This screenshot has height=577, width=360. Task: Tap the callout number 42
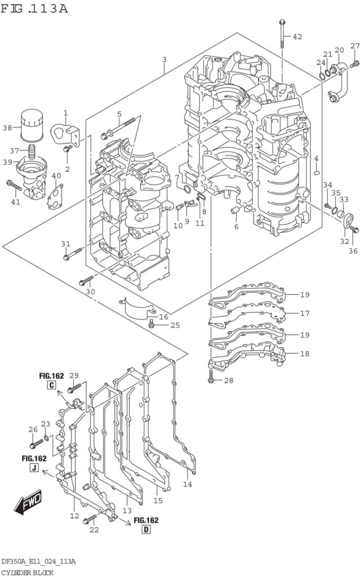pyautogui.click(x=297, y=37)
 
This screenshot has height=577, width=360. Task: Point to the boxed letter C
pyautogui.click(x=51, y=385)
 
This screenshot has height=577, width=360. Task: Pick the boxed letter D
pyautogui.click(x=146, y=530)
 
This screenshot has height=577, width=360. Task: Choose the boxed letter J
pyautogui.click(x=34, y=468)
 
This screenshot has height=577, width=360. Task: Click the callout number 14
pyautogui.click(x=188, y=484)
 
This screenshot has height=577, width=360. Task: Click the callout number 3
pyautogui.click(x=164, y=60)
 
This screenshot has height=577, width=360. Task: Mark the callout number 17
pyautogui.click(x=305, y=313)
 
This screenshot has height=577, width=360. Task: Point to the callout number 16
pyautogui.click(x=163, y=317)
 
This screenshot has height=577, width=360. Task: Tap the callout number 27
pyautogui.click(x=355, y=46)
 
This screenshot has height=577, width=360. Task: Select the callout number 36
pyautogui.click(x=353, y=235)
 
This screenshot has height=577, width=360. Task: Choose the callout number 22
pyautogui.click(x=94, y=530)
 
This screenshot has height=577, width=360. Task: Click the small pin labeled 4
pyautogui.click(x=317, y=171)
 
